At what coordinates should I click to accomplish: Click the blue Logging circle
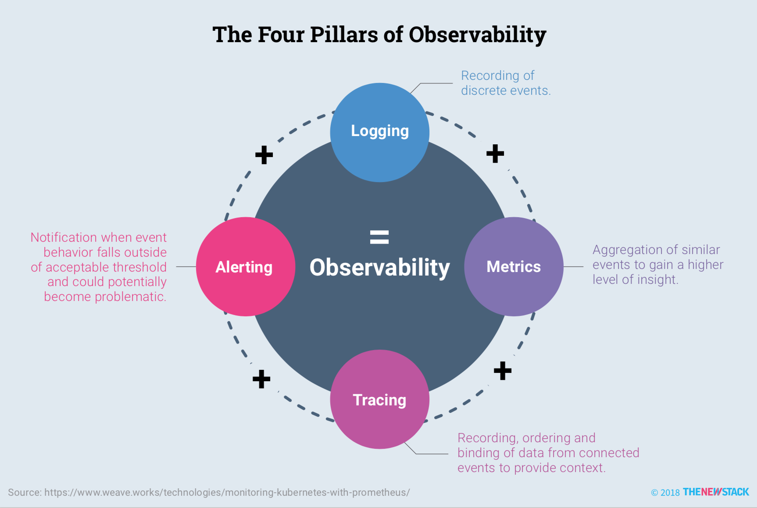pyautogui.click(x=379, y=132)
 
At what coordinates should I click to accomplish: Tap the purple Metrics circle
pyautogui.click(x=514, y=266)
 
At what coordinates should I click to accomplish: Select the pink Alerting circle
pyautogui.click(x=245, y=267)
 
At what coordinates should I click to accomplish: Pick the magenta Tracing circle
pyautogui.click(x=379, y=399)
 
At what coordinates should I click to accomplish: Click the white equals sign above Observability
pyautogui.click(x=379, y=237)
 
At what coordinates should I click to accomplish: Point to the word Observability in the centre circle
pyautogui.click(x=379, y=267)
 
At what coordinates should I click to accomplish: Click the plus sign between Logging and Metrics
pyautogui.click(x=495, y=154)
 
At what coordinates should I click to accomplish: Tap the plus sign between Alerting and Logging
pyautogui.click(x=264, y=155)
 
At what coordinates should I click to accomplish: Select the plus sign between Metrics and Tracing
pyautogui.click(x=503, y=371)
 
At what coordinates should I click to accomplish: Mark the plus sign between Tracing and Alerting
pyautogui.click(x=261, y=379)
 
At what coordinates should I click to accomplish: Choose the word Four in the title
pyautogui.click(x=281, y=35)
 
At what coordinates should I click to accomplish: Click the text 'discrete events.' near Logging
pyautogui.click(x=505, y=91)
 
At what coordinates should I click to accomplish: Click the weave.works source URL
pyautogui.click(x=227, y=492)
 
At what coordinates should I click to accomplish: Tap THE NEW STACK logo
pyautogui.click(x=716, y=492)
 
